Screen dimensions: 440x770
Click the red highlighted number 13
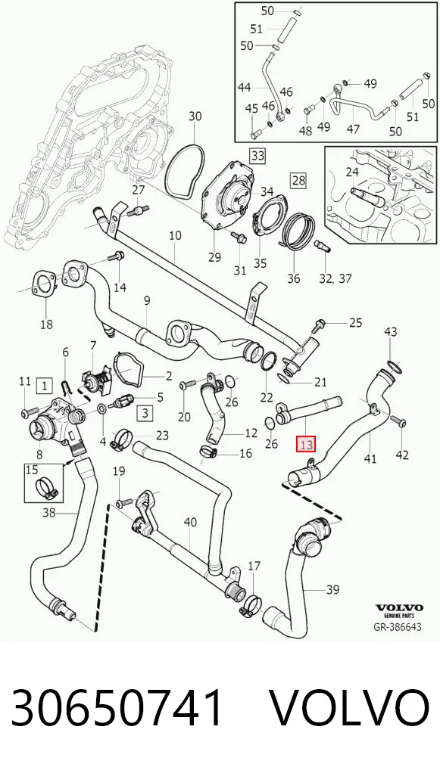click(x=306, y=445)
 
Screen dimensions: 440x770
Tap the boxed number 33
click(x=257, y=156)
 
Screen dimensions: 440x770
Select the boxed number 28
click(x=298, y=181)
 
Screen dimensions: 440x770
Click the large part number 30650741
click(x=117, y=708)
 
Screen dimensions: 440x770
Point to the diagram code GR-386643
click(x=397, y=627)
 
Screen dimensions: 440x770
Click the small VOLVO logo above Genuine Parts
click(x=398, y=608)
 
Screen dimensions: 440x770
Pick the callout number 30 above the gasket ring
click(x=195, y=116)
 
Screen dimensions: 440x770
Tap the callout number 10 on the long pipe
click(x=175, y=236)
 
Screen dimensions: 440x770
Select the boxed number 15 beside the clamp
click(x=32, y=470)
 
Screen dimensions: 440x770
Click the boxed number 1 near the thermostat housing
click(x=45, y=386)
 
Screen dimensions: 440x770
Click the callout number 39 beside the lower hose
click(x=332, y=588)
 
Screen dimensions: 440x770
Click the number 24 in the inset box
click(x=352, y=172)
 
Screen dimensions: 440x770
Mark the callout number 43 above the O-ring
click(x=391, y=332)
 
